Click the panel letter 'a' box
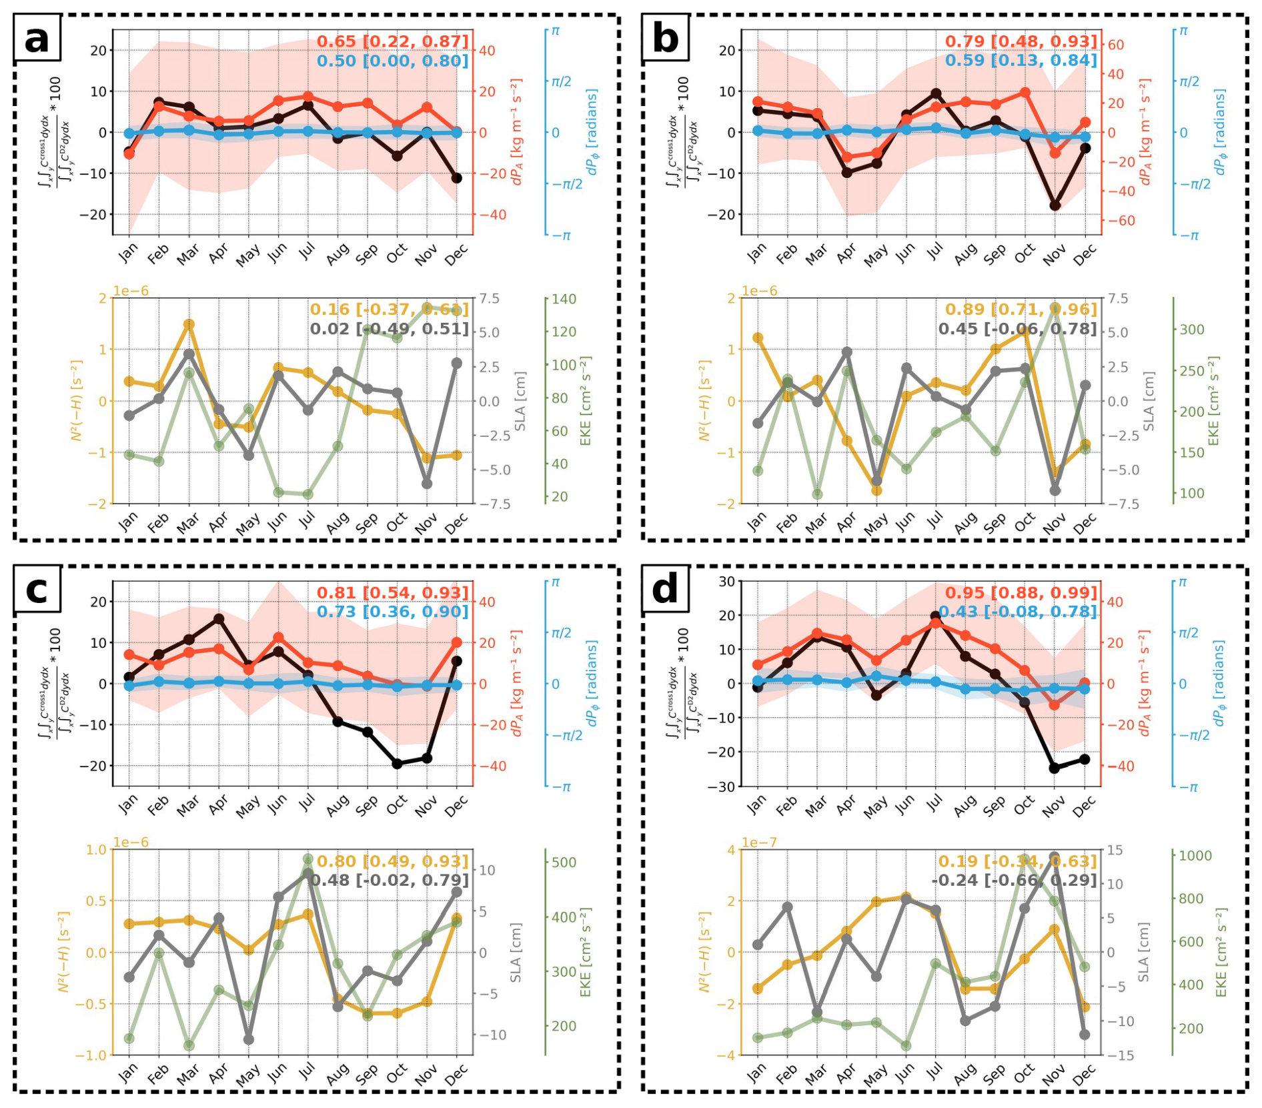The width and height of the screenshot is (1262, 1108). coord(37,39)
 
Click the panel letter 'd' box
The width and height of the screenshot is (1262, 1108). coord(665,590)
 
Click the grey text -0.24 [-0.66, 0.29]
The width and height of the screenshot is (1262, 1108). coord(1014,880)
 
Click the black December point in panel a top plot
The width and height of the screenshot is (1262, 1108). coord(457,178)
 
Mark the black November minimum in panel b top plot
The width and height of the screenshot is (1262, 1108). coord(1055,205)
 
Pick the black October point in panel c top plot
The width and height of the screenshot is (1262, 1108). coord(398,764)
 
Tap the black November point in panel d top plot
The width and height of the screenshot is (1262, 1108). coord(1055,768)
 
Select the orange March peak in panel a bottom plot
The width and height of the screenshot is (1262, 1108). coord(189,324)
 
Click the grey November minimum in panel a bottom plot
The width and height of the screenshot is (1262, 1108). coord(428,484)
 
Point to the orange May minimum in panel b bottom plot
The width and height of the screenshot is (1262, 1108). coord(876,490)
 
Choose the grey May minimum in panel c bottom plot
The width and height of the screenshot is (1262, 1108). coord(249,1039)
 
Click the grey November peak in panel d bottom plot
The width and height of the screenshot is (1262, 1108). coord(1055,857)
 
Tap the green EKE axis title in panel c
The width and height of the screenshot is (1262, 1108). coord(586,952)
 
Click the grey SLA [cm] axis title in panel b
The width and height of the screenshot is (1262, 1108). coord(1149,400)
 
